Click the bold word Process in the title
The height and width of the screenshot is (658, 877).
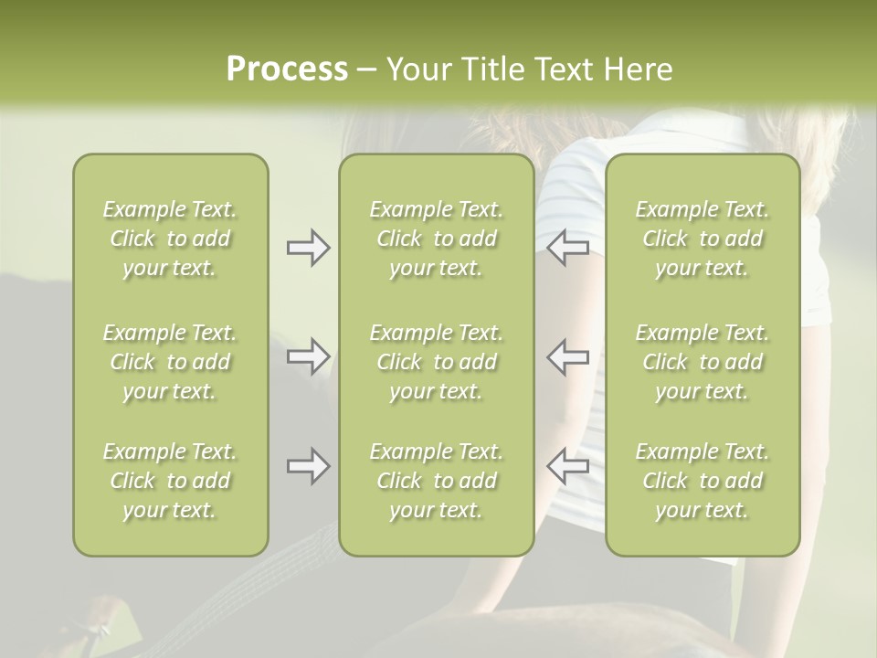click(x=288, y=69)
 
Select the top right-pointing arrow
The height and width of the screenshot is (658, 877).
click(x=309, y=248)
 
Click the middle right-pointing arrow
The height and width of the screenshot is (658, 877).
click(x=309, y=356)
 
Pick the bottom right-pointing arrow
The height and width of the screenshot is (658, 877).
click(x=309, y=466)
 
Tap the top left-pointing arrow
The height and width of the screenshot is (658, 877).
click(x=567, y=248)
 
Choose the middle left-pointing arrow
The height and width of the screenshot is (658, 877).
click(x=567, y=356)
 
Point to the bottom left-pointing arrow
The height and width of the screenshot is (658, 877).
click(x=567, y=466)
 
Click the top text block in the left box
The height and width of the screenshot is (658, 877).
click(x=170, y=239)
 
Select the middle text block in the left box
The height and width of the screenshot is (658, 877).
click(x=170, y=362)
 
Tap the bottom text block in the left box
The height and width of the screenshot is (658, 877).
click(x=170, y=481)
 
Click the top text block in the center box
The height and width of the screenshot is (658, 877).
click(x=437, y=239)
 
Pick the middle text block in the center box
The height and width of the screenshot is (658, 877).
click(x=437, y=362)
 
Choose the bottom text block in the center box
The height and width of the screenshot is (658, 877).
click(x=437, y=481)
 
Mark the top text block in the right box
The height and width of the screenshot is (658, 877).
click(x=703, y=239)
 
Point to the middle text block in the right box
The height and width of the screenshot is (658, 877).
click(x=703, y=362)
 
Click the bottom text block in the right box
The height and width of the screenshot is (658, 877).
click(x=703, y=481)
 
